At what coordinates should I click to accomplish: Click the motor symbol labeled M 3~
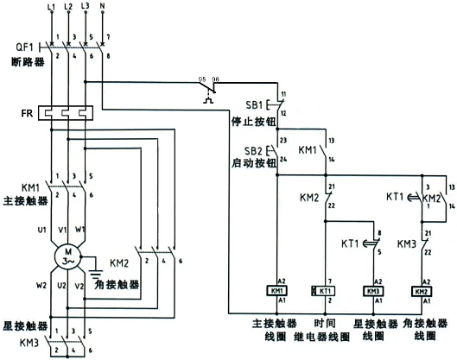pyautogui.click(x=67, y=256)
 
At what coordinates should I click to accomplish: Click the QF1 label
pyautogui.click(x=23, y=46)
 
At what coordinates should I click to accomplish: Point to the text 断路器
pyautogui.click(x=24, y=60)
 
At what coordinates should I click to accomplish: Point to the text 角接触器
pyautogui.click(x=127, y=282)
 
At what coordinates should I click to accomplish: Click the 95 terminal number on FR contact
pyautogui.click(x=202, y=79)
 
